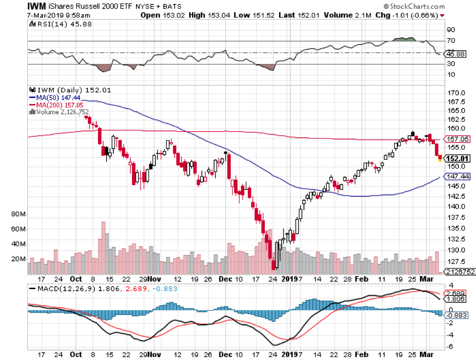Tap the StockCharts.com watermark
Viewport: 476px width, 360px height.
click(x=415, y=7)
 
